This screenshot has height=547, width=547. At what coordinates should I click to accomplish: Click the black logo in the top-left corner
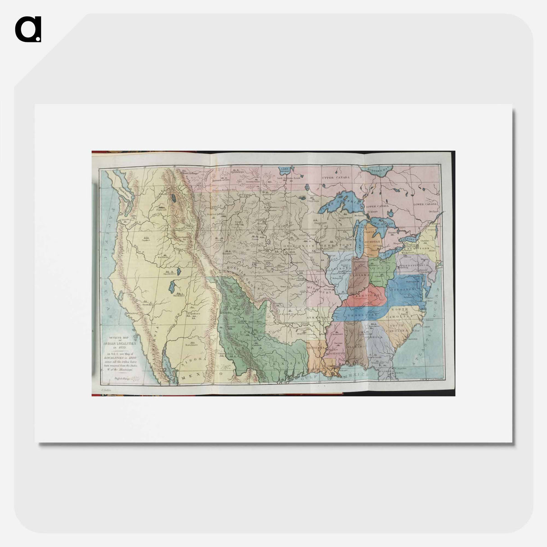coord(28,29)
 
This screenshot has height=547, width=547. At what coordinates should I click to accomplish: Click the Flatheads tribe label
coord(161,209)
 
